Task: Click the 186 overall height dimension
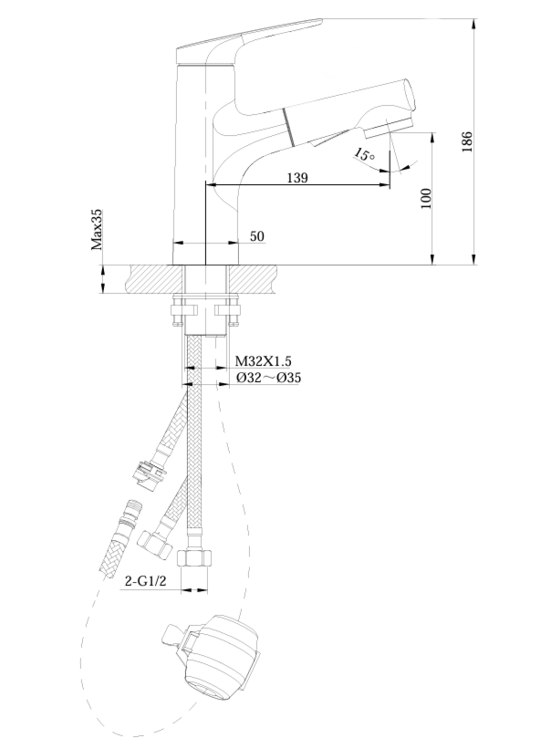[x=467, y=141]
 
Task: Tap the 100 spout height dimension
[x=426, y=199]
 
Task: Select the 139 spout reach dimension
[x=297, y=178]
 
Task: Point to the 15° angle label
[x=364, y=154]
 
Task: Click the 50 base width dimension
[x=256, y=236]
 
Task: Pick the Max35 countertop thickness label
[x=97, y=230]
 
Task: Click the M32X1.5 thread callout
[x=264, y=361]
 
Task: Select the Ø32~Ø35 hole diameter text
[x=269, y=378]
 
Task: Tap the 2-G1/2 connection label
[x=145, y=581]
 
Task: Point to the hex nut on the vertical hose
[x=194, y=557]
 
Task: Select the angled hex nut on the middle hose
[x=154, y=545]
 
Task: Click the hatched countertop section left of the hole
[x=154, y=278]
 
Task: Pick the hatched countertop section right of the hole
[x=252, y=278]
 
